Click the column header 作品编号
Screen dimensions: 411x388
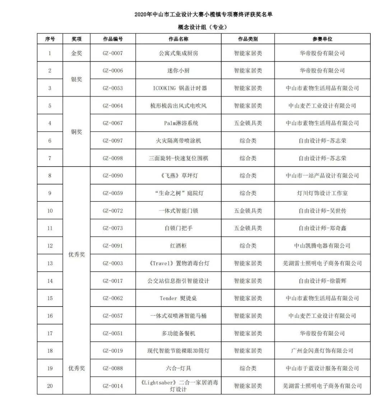113,39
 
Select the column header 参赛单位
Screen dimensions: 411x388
322,39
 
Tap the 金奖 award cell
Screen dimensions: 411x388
77,53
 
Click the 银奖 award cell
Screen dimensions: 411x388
77,79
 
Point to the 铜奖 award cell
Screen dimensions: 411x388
77,132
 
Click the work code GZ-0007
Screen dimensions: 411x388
113,53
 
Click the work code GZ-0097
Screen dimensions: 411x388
113,141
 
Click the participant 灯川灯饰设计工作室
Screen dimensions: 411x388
322,193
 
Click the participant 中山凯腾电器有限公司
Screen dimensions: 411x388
322,246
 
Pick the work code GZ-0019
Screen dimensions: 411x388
113,351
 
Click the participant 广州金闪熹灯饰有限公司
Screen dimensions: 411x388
322,351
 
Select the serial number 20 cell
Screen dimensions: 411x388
50,386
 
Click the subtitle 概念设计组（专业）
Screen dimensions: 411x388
203,27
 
